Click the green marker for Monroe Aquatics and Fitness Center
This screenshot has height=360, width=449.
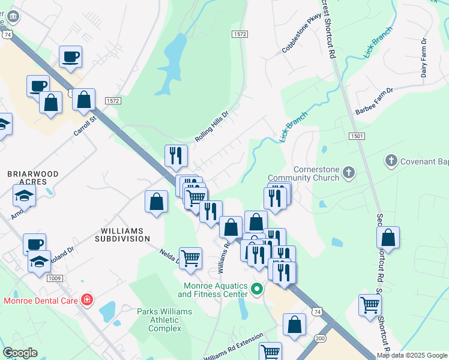[257, 289]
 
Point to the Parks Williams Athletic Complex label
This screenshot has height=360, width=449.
[164, 320]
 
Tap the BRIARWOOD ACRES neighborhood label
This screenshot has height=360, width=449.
[32, 178]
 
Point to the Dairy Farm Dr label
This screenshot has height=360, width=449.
[424, 58]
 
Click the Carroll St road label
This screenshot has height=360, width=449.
[85, 125]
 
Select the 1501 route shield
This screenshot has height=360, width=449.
[356, 137]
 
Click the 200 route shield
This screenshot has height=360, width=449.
[320, 339]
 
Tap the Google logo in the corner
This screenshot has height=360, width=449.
[20, 353]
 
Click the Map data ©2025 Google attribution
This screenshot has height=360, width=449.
[412, 355]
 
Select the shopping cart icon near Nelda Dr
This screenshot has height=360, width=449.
[190, 257]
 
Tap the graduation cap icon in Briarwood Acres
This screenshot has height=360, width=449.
[24, 195]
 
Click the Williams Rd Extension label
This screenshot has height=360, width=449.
[233, 349]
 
